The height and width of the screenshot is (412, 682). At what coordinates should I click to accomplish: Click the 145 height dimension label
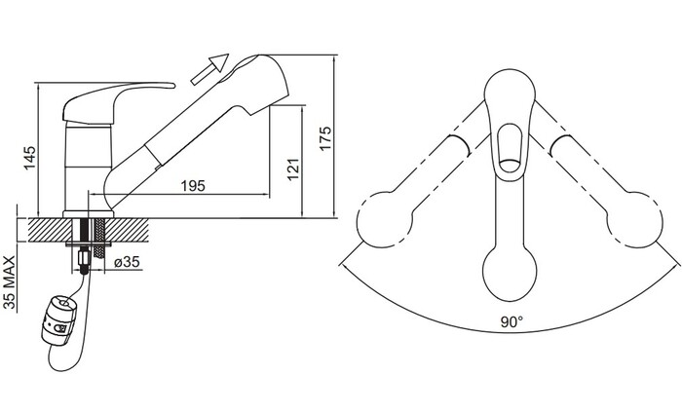point(29,158)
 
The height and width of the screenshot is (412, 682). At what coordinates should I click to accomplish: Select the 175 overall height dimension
point(324,138)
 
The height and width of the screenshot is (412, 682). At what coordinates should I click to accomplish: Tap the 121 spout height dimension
point(293,169)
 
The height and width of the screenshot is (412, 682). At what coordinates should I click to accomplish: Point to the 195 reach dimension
point(193,186)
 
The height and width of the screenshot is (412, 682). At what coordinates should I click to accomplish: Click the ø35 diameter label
point(127,262)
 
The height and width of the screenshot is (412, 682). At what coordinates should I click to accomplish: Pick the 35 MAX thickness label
point(9,282)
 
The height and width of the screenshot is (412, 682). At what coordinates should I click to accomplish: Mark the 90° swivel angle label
point(511,322)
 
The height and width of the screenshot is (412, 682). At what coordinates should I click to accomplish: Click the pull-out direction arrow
point(210,69)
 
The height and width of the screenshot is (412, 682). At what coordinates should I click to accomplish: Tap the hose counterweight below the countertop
point(59,320)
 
